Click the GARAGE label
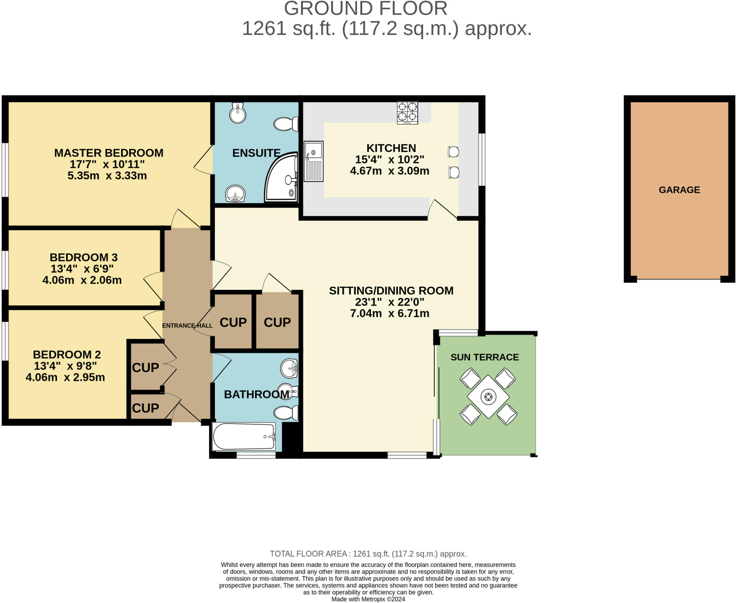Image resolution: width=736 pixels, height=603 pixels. pyautogui.click(x=679, y=190)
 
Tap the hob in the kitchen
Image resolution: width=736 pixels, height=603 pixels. pyautogui.click(x=407, y=112)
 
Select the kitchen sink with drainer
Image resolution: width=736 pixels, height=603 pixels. pyautogui.click(x=313, y=161)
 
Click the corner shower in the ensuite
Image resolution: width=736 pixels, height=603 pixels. pyautogui.click(x=282, y=178)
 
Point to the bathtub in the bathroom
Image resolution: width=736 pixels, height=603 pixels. pyautogui.click(x=244, y=437)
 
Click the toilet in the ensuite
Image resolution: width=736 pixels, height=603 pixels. pyautogui.click(x=286, y=124)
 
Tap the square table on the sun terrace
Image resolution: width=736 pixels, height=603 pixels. pyautogui.click(x=488, y=396)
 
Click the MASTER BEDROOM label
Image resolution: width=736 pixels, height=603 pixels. pyautogui.click(x=109, y=153)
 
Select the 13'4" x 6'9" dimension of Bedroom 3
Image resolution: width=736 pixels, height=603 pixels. pyautogui.click(x=82, y=269)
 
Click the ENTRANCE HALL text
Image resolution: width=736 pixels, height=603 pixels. pyautogui.click(x=187, y=326)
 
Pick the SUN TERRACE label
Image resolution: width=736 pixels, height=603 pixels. pyautogui.click(x=484, y=357)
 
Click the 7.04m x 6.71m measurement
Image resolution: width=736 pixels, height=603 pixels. pyautogui.click(x=390, y=313)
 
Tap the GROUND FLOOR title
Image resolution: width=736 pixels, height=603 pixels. pyautogui.click(x=365, y=9)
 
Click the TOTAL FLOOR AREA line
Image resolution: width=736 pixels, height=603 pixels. pyautogui.click(x=368, y=554)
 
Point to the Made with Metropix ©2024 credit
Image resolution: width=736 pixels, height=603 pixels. pyautogui.click(x=368, y=599)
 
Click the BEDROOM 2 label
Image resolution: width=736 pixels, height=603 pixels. pyautogui.click(x=67, y=355)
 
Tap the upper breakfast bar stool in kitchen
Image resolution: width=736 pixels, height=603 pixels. pyautogui.click(x=453, y=152)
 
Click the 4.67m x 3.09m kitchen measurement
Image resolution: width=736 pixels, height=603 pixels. pyautogui.click(x=390, y=171)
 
